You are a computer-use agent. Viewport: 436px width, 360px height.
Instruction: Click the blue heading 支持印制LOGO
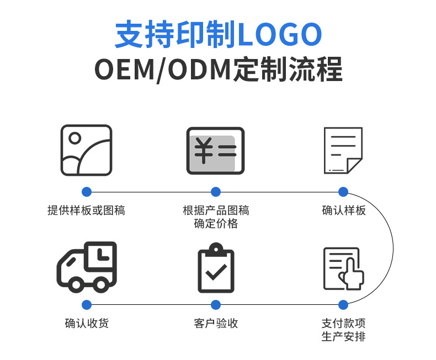tap(218, 35)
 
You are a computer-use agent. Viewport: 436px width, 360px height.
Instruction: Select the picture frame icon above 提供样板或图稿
tap(86, 150)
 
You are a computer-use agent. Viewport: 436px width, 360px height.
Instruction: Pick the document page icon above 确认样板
tap(343, 150)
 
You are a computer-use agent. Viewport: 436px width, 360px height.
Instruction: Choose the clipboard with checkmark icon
tap(216, 270)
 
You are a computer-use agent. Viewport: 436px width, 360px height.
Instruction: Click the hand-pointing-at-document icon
tap(343, 268)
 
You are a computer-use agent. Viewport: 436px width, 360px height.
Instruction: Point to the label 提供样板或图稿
tap(86, 210)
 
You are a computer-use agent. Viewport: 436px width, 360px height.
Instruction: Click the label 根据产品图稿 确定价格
tap(216, 217)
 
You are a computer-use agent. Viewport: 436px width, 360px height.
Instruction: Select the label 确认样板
tap(343, 210)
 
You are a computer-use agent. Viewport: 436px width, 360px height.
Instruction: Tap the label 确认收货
tap(87, 323)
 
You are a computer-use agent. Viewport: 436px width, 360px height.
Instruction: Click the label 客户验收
tap(216, 323)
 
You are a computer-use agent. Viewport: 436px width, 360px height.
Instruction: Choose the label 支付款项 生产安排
tap(343, 330)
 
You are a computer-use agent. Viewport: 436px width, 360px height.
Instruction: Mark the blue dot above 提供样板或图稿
tap(86, 192)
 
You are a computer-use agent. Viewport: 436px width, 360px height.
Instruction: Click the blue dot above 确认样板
tap(343, 192)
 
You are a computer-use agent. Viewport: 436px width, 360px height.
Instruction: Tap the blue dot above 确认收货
tap(87, 304)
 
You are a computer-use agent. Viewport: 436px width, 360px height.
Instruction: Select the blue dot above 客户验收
tap(216, 304)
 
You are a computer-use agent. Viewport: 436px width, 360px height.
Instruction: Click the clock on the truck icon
tap(102, 255)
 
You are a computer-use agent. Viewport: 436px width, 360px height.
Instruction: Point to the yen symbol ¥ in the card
tap(204, 151)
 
